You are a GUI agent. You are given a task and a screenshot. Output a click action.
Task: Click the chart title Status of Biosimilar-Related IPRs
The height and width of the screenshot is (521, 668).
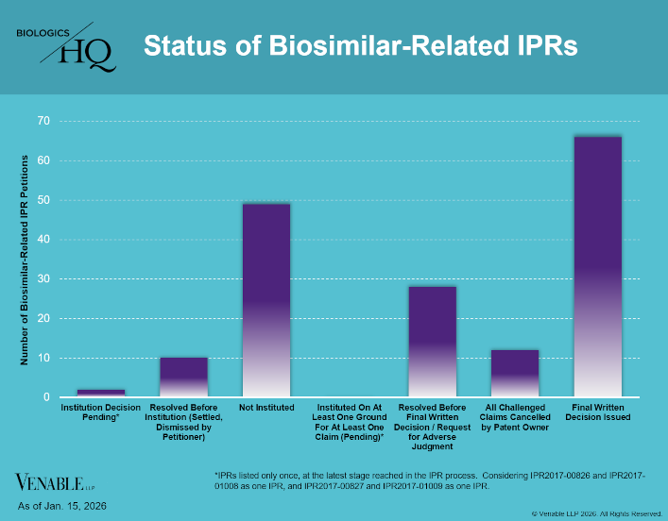click(x=359, y=45)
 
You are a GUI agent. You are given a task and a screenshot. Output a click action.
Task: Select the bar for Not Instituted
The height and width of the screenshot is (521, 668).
click(x=266, y=300)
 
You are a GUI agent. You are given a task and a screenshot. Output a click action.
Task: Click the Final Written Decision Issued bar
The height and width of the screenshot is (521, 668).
click(x=597, y=267)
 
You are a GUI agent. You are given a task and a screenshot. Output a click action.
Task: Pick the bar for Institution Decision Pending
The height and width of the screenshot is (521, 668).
click(x=101, y=393)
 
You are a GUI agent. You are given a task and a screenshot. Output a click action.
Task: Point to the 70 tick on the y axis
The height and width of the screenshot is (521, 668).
click(x=43, y=121)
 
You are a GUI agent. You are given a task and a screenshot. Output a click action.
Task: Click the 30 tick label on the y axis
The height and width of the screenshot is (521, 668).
click(x=43, y=278)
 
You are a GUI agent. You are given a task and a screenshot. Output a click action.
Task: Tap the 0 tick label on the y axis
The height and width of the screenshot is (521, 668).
click(x=45, y=397)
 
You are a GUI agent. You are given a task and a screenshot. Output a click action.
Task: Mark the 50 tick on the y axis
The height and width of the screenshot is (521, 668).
click(x=43, y=200)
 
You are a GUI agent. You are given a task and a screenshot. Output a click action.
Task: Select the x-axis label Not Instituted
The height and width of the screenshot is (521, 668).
click(x=266, y=408)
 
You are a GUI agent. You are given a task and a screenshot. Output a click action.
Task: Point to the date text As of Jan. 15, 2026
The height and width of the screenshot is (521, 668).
click(x=62, y=507)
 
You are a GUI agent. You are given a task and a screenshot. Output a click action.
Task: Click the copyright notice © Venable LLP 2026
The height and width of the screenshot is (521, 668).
click(x=596, y=513)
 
